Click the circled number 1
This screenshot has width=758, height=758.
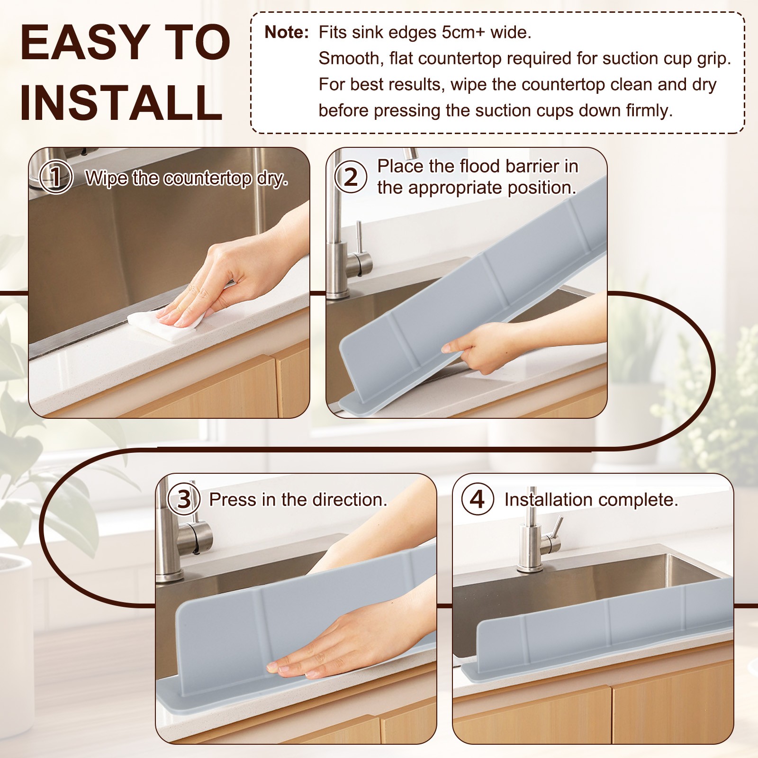(56, 177)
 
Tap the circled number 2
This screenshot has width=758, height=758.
(351, 177)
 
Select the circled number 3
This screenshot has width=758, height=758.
(184, 499)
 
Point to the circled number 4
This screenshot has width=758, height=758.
(478, 499)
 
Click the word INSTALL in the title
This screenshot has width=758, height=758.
(122, 102)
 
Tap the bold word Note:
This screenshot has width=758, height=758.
(287, 32)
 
